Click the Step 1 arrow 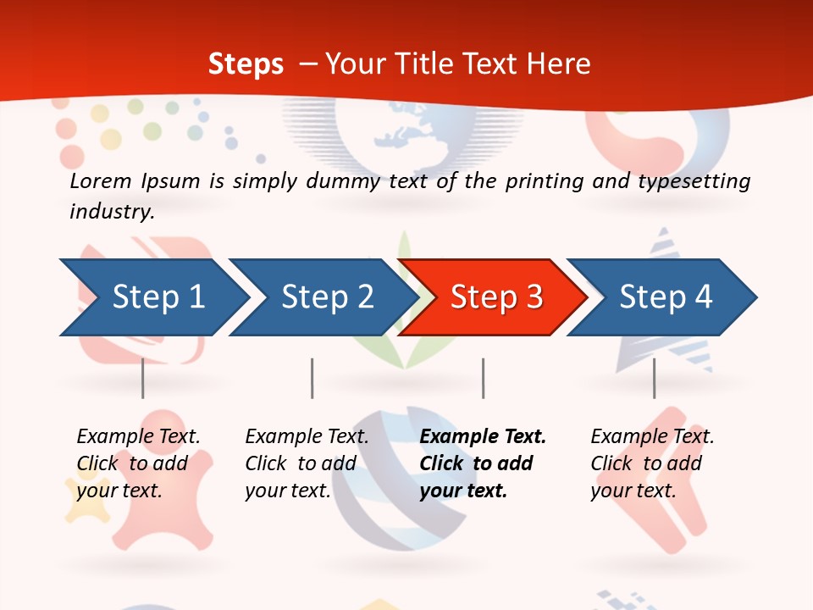tap(157, 297)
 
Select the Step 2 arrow tap(326, 297)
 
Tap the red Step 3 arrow tap(495, 297)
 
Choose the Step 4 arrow tap(665, 297)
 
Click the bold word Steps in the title tap(246, 64)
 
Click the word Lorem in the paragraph tap(101, 180)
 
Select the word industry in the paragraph tap(112, 211)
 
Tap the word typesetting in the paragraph tap(699, 181)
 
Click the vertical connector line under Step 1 tap(143, 378)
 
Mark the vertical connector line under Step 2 tap(312, 378)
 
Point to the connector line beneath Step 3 tap(483, 378)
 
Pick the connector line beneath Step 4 tap(654, 378)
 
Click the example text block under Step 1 tap(138, 463)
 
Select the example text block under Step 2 tap(307, 463)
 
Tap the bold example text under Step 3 tap(483, 463)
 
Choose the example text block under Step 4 tap(652, 463)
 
